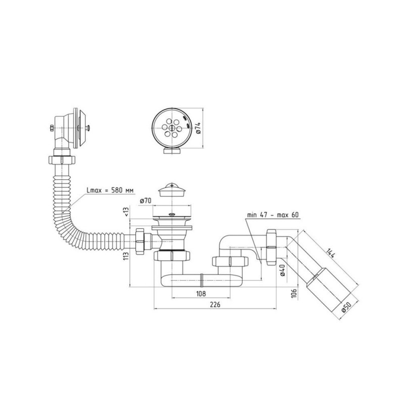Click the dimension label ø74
click(198, 128)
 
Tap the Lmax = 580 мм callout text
click(110, 190)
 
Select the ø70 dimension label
click(145, 201)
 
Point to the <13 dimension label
click(126, 212)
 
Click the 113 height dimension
click(126, 256)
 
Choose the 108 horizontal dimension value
click(201, 293)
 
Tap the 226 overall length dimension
click(215, 305)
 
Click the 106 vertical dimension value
click(294, 293)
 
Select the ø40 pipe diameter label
click(282, 270)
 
